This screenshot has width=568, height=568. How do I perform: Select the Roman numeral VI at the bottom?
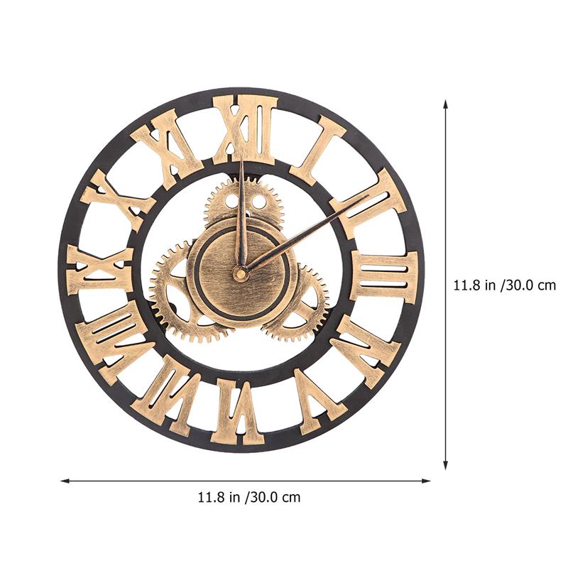(240, 412)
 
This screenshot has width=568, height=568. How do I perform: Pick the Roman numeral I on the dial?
(317, 149)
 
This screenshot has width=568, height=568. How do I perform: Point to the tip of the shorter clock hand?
(241, 160)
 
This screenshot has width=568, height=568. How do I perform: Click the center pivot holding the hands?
(241, 273)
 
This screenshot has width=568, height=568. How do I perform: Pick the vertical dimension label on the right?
(504, 285)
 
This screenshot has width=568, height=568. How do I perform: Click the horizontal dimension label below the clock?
(248, 497)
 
